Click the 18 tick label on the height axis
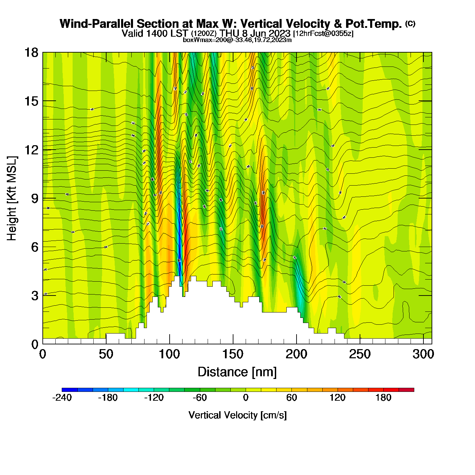[31, 53]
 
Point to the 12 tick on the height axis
[43, 150]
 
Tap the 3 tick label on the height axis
[35, 296]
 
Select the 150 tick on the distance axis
[233, 344]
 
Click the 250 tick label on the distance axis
[360, 354]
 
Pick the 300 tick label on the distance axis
[423, 354]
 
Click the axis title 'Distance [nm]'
[237, 372]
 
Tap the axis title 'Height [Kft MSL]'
[12, 198]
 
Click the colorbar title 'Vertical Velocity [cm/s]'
[237, 415]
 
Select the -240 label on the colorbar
[62, 398]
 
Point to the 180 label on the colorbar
[383, 398]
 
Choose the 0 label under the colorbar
[246, 398]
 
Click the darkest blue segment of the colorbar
[70, 390]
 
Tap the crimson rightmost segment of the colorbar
[406, 390]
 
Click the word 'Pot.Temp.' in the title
[374, 24]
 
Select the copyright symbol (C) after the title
[410, 23]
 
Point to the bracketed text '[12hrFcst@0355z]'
[323, 34]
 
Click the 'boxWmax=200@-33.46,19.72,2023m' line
[237, 40]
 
